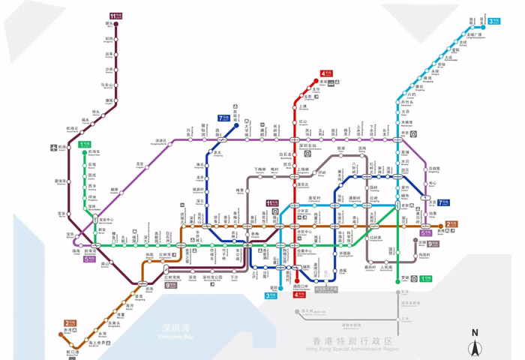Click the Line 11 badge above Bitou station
(115, 15)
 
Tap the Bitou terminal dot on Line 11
(116, 25)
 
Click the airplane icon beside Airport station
(54, 148)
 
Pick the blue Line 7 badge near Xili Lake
(224, 118)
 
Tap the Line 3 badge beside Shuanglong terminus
(494, 21)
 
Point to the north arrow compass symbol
(474, 346)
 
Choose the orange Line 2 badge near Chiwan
(70, 323)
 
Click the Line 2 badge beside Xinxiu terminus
(451, 223)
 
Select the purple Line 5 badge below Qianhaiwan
(89, 259)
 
